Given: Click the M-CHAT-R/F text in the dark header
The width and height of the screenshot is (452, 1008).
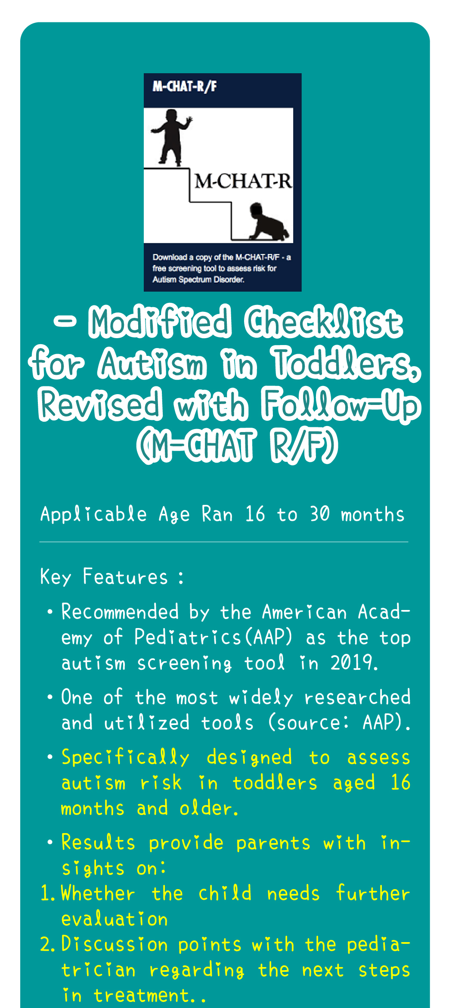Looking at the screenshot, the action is tap(185, 87).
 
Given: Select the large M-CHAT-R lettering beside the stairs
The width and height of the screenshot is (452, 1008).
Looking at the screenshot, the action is tap(244, 181).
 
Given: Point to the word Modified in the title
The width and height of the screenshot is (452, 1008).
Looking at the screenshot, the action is tap(160, 322).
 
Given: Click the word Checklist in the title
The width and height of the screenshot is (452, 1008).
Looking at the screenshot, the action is tap(324, 322).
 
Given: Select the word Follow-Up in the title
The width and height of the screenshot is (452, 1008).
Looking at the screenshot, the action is tap(341, 405).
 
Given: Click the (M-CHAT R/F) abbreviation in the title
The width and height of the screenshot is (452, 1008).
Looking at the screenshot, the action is tap(237, 445).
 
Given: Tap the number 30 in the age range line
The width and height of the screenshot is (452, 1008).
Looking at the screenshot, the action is tap(320, 514).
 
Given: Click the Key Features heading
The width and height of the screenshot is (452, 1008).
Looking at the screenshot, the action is tap(112, 577).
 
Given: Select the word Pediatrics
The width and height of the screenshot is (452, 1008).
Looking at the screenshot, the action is tap(188, 637).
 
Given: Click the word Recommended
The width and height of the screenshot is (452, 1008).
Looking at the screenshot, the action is tap(120, 612).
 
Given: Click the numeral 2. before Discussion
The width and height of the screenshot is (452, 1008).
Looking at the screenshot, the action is tap(47, 945).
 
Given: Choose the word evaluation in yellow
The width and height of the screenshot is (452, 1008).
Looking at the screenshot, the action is tap(115, 919).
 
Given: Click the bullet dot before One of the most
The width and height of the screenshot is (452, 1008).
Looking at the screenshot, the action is tap(50, 697).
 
